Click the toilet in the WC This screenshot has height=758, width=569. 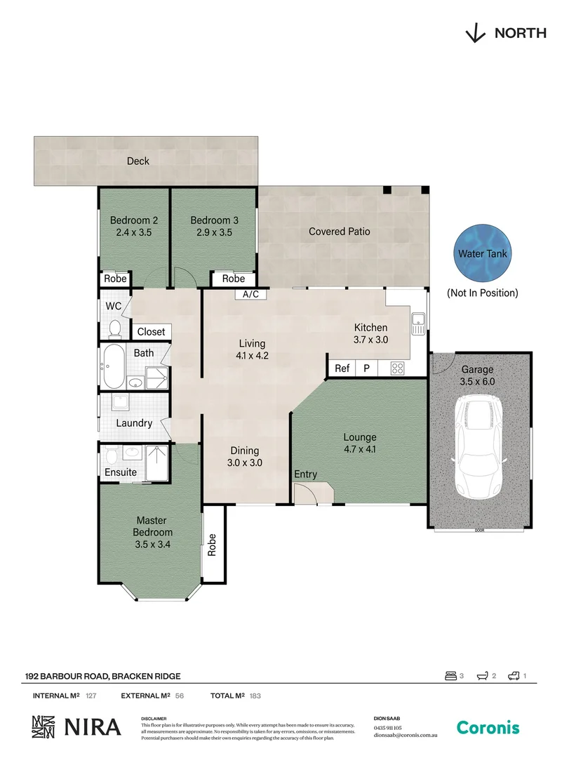click(x=114, y=328)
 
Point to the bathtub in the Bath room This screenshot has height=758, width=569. click(x=114, y=366)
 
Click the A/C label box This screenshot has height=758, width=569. click(x=250, y=295)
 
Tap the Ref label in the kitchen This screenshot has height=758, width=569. click(x=342, y=368)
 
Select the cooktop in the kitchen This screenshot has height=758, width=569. click(x=396, y=368)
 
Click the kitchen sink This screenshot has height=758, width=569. click(x=417, y=324)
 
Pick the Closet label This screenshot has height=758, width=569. click(x=151, y=332)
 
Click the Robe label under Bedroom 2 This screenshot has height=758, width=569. click(x=115, y=279)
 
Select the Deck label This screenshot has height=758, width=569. click(x=138, y=161)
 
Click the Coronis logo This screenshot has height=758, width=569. click(x=488, y=728)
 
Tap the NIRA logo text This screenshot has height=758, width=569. click(x=93, y=728)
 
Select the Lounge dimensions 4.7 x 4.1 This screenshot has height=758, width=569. click(x=360, y=450)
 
